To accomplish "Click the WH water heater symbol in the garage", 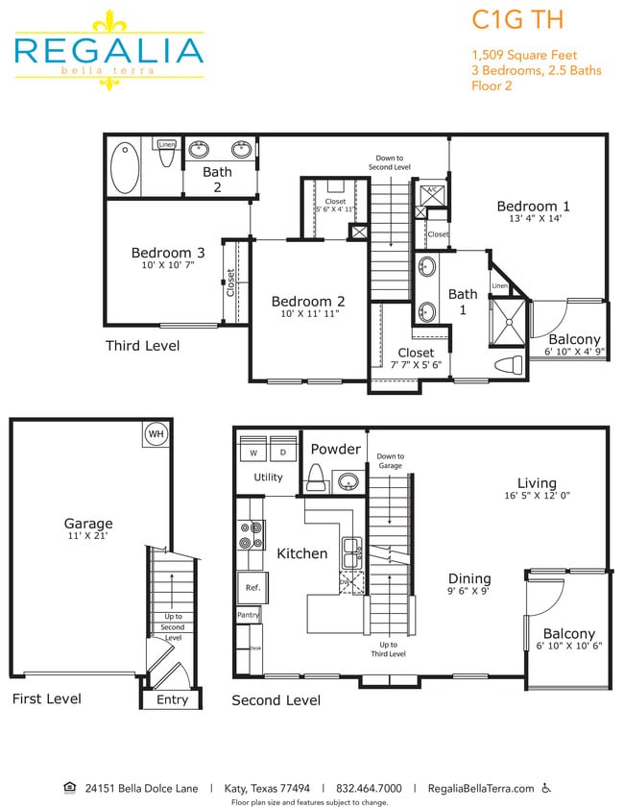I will click(x=155, y=433).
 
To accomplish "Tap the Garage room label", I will click(x=88, y=524).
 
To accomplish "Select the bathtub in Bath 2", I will click(x=125, y=168).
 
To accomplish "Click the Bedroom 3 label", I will click(x=162, y=254).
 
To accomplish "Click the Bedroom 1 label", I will click(x=533, y=206).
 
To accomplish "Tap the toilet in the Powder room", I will click(x=316, y=477).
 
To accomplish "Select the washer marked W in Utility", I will click(x=254, y=452).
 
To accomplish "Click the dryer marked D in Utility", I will click(x=283, y=452).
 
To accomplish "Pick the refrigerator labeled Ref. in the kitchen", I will click(x=252, y=587).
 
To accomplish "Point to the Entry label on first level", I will click(x=172, y=699).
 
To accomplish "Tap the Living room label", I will click(x=537, y=483).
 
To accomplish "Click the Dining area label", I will click(x=468, y=578).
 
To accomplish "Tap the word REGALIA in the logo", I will click(x=108, y=50).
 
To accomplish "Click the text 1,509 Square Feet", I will click(x=523, y=54).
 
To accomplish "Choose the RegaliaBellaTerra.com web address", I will click(x=480, y=788).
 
